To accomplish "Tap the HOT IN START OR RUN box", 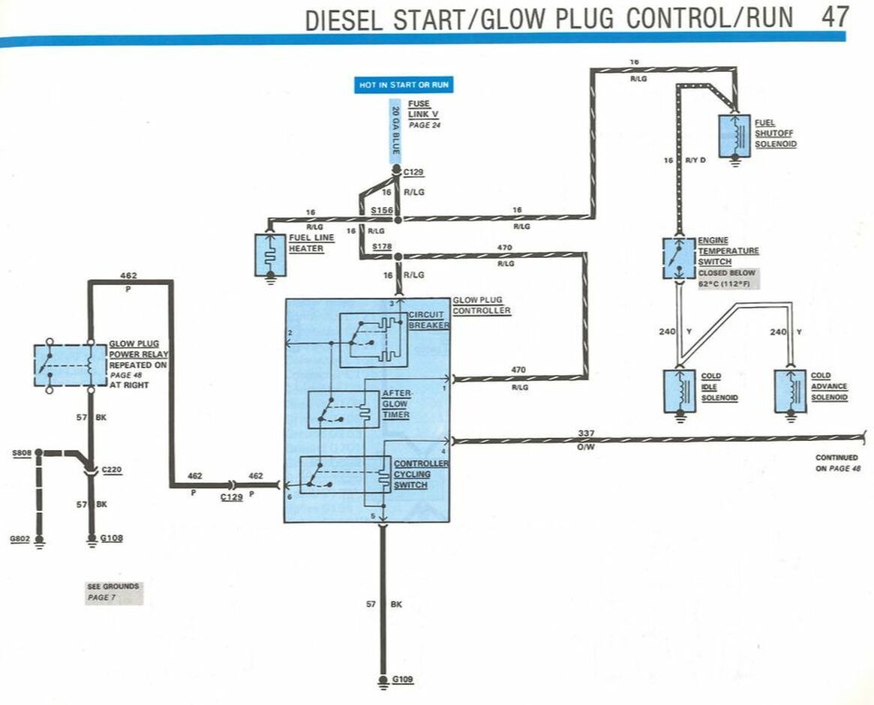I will click(x=404, y=85).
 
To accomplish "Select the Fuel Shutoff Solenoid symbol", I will click(x=734, y=136).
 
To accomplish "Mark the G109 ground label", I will click(x=403, y=680).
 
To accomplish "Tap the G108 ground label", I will click(x=110, y=538).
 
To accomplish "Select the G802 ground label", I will click(x=20, y=538).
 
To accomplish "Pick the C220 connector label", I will click(x=112, y=470).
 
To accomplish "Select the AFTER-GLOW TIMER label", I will click(x=395, y=403).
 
